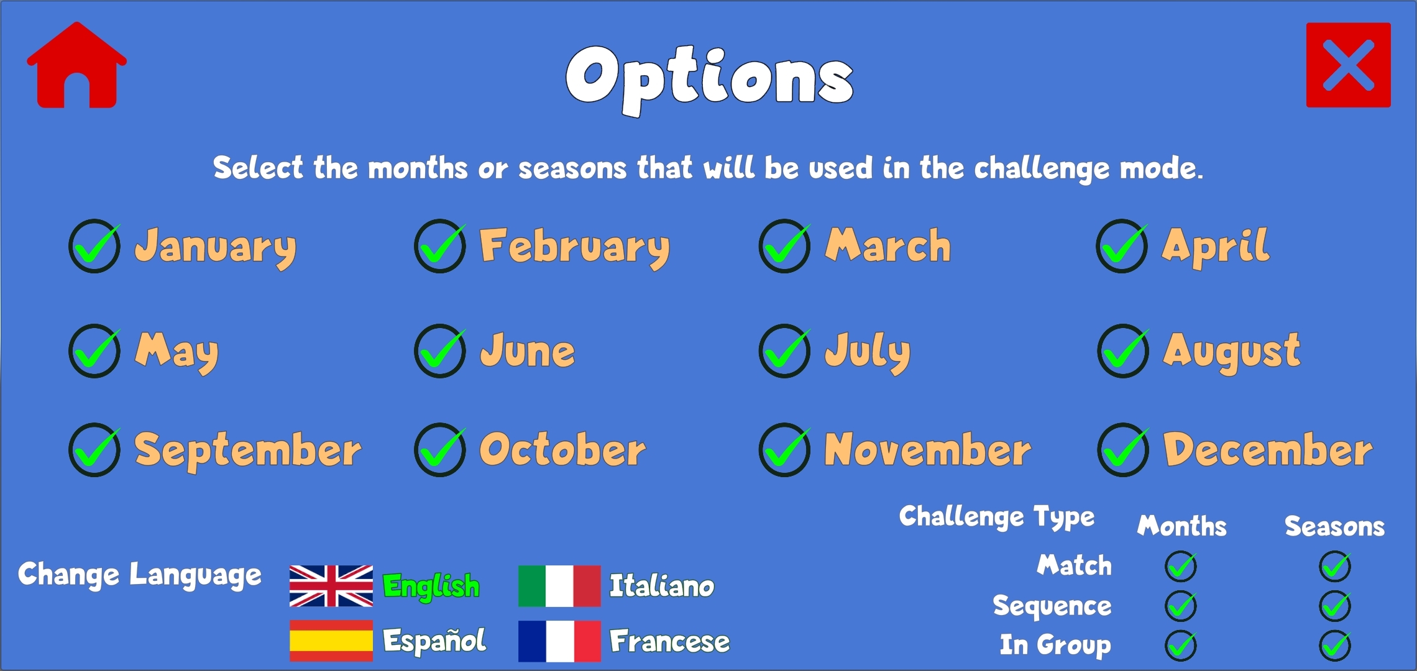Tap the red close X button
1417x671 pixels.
tap(1348, 65)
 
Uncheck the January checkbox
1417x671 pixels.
tap(94, 246)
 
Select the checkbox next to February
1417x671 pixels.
tap(440, 246)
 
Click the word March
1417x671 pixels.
tap(888, 245)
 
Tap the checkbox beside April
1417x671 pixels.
tap(1122, 246)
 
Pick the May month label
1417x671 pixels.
tap(177, 352)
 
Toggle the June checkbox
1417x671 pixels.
tap(440, 351)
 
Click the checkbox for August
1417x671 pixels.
tap(1123, 351)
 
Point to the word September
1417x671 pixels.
tap(248, 451)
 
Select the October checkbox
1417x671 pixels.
tap(440, 450)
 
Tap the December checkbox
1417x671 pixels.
tap(1123, 450)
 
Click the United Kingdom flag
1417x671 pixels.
tap(331, 586)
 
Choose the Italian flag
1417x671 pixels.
tap(559, 586)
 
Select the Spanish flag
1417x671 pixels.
tap(331, 641)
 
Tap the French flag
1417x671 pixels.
tap(559, 641)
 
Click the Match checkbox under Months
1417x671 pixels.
tap(1181, 566)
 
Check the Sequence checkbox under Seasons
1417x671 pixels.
tap(1335, 606)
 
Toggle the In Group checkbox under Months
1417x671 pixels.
tap(1181, 645)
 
